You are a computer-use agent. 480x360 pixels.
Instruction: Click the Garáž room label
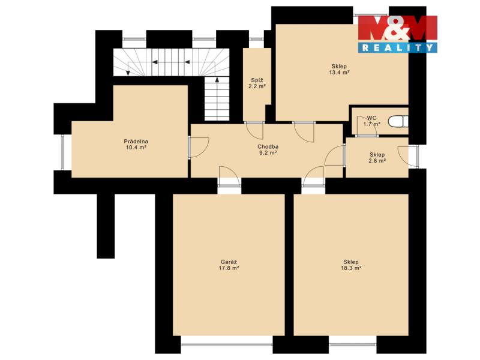pyautogui.click(x=229, y=262)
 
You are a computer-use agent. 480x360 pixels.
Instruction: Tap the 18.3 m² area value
pyautogui.click(x=351, y=268)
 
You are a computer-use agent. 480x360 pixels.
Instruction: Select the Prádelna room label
pyautogui.click(x=136, y=142)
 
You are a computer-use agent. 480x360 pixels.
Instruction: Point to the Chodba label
pyautogui.click(x=268, y=146)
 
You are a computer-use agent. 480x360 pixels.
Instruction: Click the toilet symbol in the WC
pyautogui.click(x=398, y=122)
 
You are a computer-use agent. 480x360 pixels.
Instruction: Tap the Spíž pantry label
pyautogui.click(x=257, y=80)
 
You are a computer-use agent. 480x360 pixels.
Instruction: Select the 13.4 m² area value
pyautogui.click(x=339, y=73)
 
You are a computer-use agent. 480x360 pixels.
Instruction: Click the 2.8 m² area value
pyautogui.click(x=377, y=161)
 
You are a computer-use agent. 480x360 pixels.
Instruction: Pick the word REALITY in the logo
pyautogui.click(x=398, y=47)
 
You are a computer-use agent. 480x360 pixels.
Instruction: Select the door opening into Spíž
pyautogui.click(x=254, y=130)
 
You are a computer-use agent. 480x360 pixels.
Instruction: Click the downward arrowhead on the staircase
pyautogui.click(x=128, y=73)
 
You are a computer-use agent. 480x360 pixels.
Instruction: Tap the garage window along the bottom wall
pyautogui.click(x=227, y=344)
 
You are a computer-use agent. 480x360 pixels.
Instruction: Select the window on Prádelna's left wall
pyautogui.click(x=63, y=152)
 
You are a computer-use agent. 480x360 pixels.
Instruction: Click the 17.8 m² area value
pyautogui.click(x=229, y=268)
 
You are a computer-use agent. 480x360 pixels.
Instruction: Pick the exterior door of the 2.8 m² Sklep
pyautogui.click(x=409, y=157)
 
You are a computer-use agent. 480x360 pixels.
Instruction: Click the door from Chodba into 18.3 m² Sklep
pyautogui.click(x=313, y=176)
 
